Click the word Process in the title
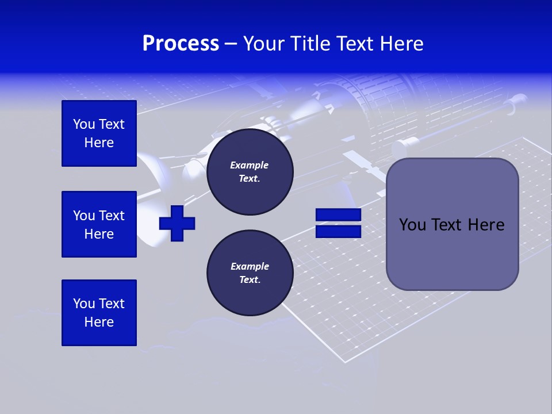coord(181,44)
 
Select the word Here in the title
coord(400,44)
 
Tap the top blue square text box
coord(99,133)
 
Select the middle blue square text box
coord(99,224)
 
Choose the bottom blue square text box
coord(99,313)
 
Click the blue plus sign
coord(177,223)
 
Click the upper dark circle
coord(250,172)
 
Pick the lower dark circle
coord(250,273)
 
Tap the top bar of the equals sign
coord(338,215)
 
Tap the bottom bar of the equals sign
coord(338,231)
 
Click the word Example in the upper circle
coord(250,166)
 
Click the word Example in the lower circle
coord(250,266)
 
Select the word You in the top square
coord(84,124)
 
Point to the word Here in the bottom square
coord(99,322)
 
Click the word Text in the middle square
coord(111,216)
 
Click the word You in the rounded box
coord(412,225)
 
